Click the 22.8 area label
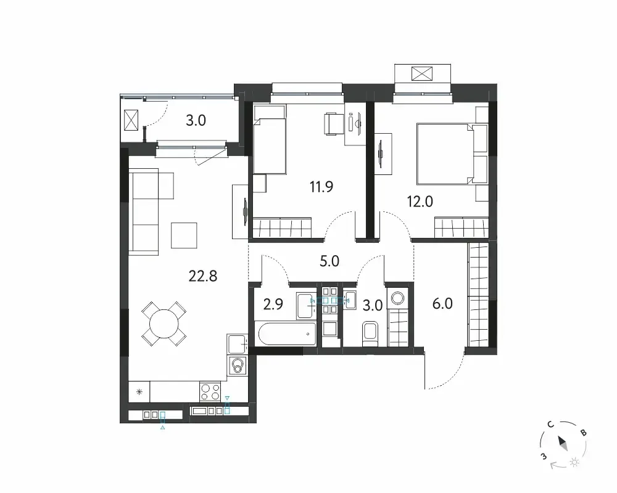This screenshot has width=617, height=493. coord(202,276)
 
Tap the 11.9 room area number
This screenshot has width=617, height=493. coord(321,186)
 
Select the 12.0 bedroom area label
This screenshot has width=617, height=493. coord(420,202)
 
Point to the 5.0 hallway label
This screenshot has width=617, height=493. coord(329,261)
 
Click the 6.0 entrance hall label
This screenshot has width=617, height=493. coord(442,304)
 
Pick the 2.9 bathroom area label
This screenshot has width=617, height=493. coord(273,304)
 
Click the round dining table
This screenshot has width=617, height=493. coord(164,324)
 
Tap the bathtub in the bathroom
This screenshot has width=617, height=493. coord(287,334)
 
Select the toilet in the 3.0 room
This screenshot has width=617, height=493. coord(370,334)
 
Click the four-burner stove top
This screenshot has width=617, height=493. coord(210,391)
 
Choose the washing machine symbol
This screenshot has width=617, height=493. coord(399,298)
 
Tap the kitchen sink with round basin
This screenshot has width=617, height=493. coord(238,365)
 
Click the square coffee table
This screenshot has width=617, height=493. coord(184,235)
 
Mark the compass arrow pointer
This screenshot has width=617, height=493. coord(563,443)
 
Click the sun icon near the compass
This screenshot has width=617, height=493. coord(574,462)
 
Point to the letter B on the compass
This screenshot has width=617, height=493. coord(584,433)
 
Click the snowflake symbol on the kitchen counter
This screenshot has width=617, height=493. coord(139,391)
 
